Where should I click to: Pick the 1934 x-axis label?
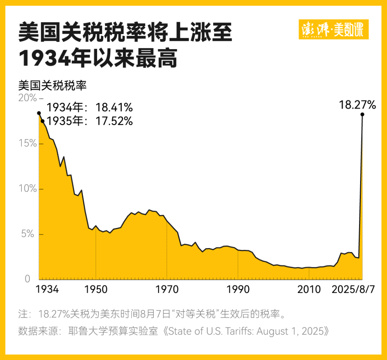[47, 290]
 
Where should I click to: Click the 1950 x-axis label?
[96, 290]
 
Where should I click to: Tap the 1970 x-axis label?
[167, 290]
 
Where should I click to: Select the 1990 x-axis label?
[238, 290]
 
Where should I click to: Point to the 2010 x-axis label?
[309, 290]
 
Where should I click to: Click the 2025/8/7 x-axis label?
[353, 290]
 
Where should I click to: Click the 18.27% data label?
[357, 105]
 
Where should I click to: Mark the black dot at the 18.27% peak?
[362, 114]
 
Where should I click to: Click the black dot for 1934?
[39, 113]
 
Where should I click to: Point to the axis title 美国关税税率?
[53, 85]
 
